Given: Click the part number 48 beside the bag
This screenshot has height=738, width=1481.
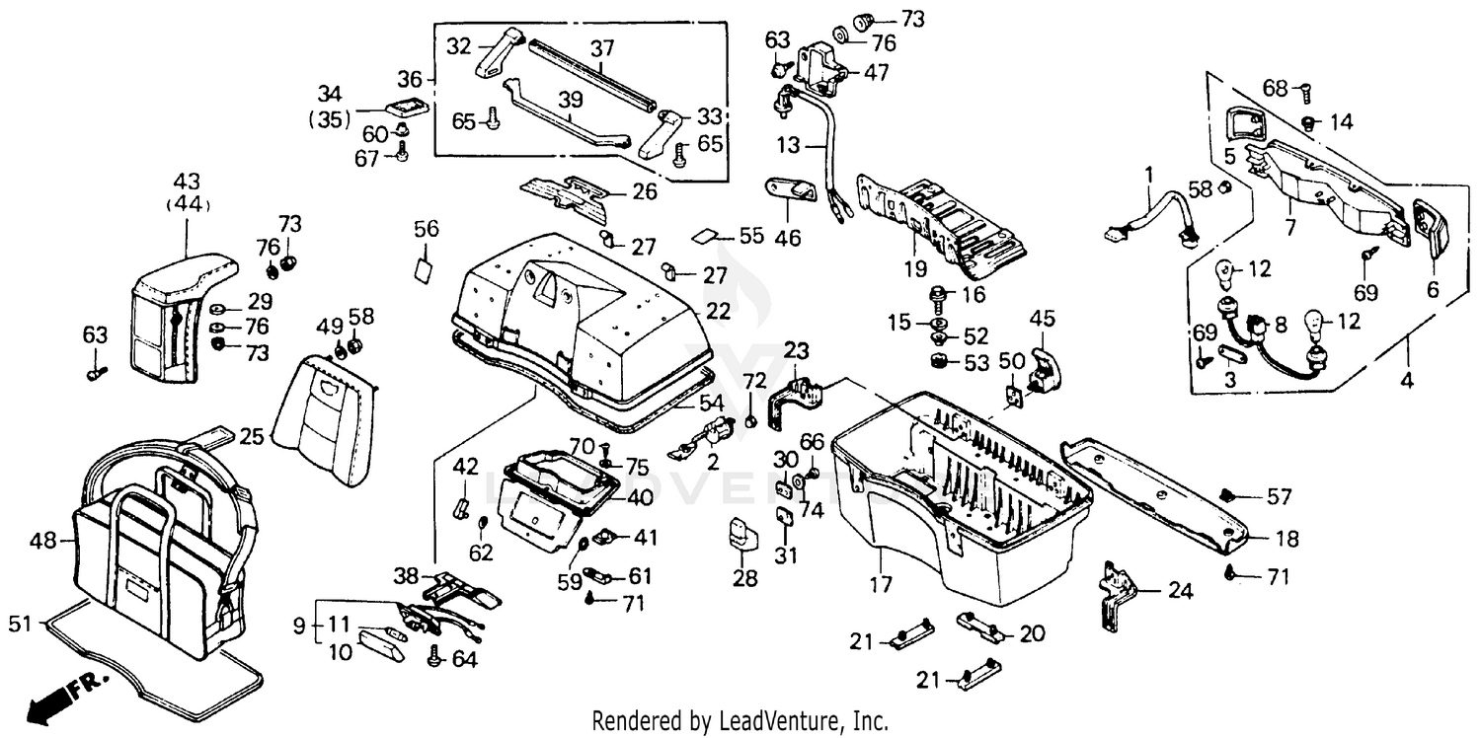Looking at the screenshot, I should tap(42, 541).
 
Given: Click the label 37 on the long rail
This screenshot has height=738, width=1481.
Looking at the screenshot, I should tap(602, 47).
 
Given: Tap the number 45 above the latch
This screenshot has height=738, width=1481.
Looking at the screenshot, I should tap(1043, 319).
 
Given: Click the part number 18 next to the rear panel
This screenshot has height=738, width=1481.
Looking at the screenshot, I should tap(1286, 539).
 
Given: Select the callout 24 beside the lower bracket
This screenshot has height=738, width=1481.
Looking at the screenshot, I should tap(1180, 592).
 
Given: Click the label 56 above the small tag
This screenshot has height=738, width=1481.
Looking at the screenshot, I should tap(426, 229).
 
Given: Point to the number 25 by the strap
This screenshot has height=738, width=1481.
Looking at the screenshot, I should tap(252, 435).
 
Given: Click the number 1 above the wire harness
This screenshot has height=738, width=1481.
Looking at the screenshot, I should tap(1148, 175).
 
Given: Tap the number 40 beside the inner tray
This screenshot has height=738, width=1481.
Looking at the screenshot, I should tap(641, 496).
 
